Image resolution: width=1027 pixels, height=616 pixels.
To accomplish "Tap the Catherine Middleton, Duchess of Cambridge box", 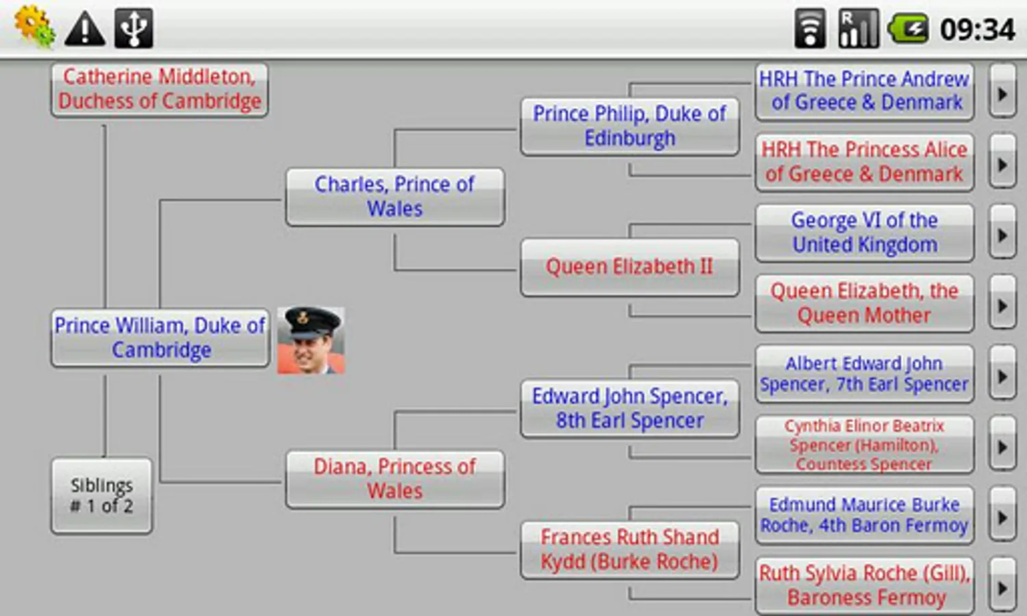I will [x=159, y=90].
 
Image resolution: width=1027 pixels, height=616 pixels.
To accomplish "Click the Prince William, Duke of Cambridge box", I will [x=160, y=337].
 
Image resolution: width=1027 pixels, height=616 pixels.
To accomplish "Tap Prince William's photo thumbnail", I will [x=311, y=340].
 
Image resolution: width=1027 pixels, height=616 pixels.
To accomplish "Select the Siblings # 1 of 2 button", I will [x=101, y=496].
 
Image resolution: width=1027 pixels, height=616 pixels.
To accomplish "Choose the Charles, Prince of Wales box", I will [x=395, y=196].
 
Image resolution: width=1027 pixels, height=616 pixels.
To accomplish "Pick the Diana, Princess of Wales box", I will [x=395, y=479].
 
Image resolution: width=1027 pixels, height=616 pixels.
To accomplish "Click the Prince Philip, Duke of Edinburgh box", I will [x=629, y=127].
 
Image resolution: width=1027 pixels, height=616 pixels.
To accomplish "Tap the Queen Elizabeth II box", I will [x=629, y=267].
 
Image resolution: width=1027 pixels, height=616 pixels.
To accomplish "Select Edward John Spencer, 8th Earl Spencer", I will [x=629, y=409].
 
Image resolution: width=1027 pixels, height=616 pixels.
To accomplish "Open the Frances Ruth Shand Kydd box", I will [x=629, y=550].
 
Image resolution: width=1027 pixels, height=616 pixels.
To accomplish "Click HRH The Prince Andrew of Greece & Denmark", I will [x=864, y=91].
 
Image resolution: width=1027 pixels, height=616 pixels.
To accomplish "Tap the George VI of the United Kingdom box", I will [x=864, y=233].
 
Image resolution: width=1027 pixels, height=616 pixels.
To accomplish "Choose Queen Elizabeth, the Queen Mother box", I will [x=864, y=303].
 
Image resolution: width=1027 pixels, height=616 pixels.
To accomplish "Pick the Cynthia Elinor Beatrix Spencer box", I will [x=864, y=445].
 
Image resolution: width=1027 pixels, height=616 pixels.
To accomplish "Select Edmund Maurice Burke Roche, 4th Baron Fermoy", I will [x=864, y=515].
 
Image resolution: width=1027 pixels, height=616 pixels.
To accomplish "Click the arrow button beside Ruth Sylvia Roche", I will [x=1002, y=587].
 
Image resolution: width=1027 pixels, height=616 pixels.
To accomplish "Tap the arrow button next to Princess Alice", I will [x=1002, y=164].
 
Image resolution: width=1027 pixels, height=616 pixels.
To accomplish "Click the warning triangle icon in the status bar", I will [x=85, y=29].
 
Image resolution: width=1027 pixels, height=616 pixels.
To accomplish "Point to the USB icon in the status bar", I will [x=133, y=28].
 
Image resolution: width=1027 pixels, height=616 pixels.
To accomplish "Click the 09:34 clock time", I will [x=977, y=29].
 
